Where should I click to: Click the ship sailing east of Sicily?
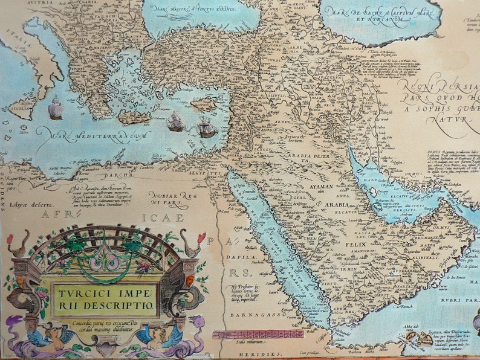[x=56, y=108]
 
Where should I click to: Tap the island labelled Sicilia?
[x=24, y=108]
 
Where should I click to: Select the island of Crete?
[x=134, y=117]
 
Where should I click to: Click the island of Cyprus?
[x=203, y=104]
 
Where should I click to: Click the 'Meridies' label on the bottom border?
[x=253, y=354]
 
